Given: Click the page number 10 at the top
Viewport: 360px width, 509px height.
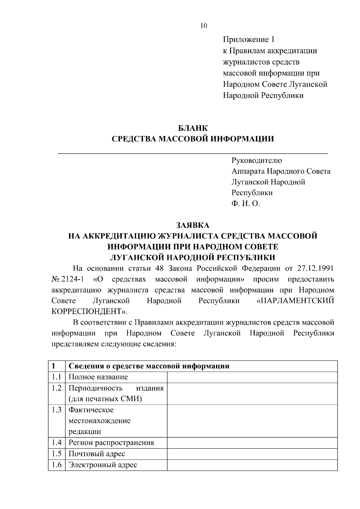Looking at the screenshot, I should [203, 26].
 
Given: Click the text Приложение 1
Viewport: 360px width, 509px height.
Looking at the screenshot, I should [248, 39].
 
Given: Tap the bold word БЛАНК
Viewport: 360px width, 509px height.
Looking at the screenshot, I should [193, 128].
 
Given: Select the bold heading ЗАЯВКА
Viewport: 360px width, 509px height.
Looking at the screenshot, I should [193, 225].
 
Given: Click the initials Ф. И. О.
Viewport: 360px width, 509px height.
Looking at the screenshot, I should [245, 204].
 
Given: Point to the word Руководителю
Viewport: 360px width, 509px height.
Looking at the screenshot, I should [256, 160].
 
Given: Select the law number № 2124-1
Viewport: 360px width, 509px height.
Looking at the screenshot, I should [67, 279].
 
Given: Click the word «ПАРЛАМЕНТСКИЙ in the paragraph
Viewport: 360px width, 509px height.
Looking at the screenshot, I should [295, 301].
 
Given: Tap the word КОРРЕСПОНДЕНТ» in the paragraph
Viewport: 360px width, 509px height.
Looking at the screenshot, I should [89, 311].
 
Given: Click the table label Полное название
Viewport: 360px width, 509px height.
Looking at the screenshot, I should [98, 377].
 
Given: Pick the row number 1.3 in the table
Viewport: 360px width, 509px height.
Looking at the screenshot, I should [56, 410].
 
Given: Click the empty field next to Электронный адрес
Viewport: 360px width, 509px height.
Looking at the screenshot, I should [252, 465].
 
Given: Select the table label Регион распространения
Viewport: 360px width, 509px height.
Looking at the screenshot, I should [111, 443].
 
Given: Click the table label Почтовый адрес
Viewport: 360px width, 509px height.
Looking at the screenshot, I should [97, 454].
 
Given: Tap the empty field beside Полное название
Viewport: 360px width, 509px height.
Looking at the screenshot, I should [252, 377].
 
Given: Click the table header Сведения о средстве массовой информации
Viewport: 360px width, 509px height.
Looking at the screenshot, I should [149, 366].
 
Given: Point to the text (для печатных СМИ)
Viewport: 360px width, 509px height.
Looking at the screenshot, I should [105, 399].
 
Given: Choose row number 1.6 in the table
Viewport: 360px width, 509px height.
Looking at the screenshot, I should [56, 465].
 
